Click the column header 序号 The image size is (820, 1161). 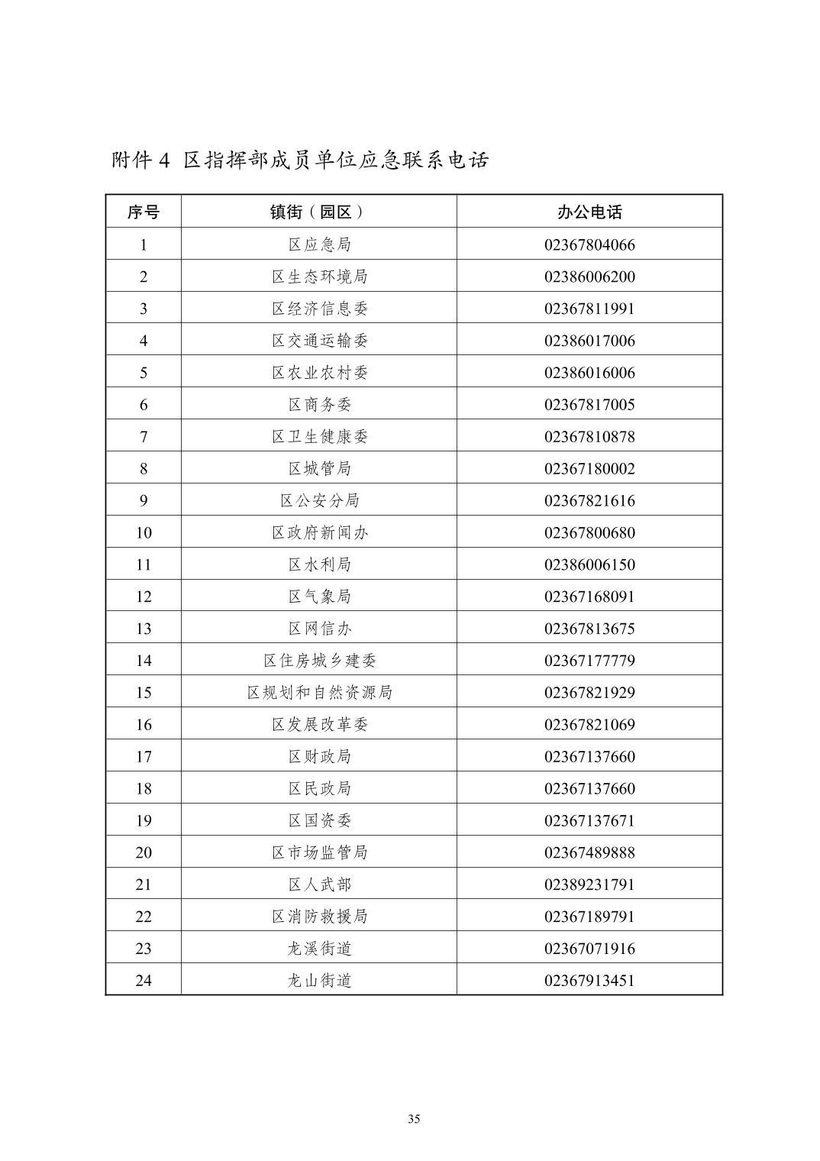click(x=144, y=212)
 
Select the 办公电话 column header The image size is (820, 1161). click(x=589, y=212)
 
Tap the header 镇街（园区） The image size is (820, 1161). click(x=319, y=212)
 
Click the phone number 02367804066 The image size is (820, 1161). click(x=589, y=245)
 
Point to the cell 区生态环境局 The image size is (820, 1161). click(x=319, y=277)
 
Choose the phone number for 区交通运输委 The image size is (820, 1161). click(x=589, y=341)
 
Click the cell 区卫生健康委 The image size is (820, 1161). click(x=319, y=437)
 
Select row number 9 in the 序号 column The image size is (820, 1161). click(x=144, y=501)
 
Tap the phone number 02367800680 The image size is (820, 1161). click(x=589, y=533)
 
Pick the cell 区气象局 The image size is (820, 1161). click(x=319, y=597)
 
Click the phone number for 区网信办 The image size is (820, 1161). click(x=589, y=629)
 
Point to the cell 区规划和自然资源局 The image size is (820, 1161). click(x=319, y=693)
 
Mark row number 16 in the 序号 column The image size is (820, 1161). click(x=144, y=725)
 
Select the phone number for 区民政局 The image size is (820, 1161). click(x=589, y=789)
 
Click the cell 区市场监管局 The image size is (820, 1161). click(x=319, y=852)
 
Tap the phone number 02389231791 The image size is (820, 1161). click(x=589, y=884)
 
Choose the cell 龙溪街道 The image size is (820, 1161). click(x=319, y=949)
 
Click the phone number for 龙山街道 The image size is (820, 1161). click(x=589, y=981)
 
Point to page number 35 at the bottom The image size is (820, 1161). click(x=414, y=1120)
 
